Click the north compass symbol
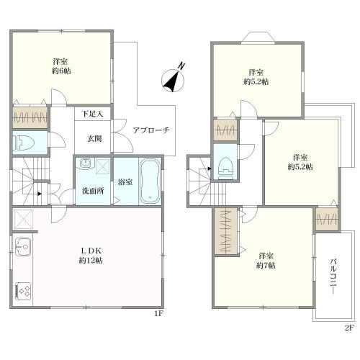[x=174, y=80]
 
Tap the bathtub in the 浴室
[x=150, y=181]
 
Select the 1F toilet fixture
[x=23, y=143]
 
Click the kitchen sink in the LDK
[x=23, y=247]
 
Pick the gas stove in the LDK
[x=23, y=291]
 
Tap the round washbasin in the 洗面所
[x=85, y=163]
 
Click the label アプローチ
[x=151, y=130]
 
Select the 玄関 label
[x=94, y=138]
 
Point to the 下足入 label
[x=92, y=114]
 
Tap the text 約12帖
[x=91, y=261]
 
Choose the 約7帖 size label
[x=266, y=266]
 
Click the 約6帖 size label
[x=61, y=71]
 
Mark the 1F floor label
[x=159, y=313]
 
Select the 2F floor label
[x=349, y=328]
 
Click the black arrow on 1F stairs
[x=40, y=194]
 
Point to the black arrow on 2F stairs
[x=210, y=168]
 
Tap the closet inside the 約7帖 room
[x=225, y=231]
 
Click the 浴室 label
[x=125, y=182]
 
